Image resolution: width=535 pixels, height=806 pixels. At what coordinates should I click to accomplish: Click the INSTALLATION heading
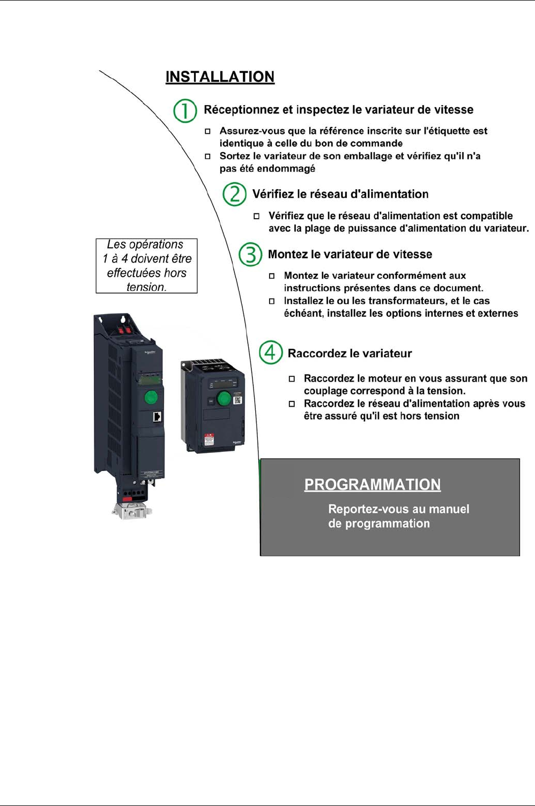tap(220, 77)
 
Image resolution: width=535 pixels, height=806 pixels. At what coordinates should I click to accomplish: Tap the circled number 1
tap(185, 111)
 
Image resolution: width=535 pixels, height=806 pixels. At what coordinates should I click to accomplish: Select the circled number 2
tap(234, 194)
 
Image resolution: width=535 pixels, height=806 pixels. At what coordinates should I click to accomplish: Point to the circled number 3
tap(250, 255)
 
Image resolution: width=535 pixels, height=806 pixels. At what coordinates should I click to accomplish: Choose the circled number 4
tap(271, 353)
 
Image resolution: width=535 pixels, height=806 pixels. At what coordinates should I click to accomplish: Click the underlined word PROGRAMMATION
tap(372, 484)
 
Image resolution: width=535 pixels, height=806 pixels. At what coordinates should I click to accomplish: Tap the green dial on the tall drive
tap(151, 397)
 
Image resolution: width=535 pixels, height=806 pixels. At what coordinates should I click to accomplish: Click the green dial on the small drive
tap(224, 398)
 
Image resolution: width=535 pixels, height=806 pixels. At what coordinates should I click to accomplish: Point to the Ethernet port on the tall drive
tap(158, 417)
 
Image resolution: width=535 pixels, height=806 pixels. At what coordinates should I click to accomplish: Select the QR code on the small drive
tap(238, 400)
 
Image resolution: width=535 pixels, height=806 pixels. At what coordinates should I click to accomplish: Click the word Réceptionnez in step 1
tap(241, 110)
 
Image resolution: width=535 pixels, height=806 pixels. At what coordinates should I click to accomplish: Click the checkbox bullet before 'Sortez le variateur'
tap(207, 156)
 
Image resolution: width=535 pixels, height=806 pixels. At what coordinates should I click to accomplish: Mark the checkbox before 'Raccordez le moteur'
tap(292, 379)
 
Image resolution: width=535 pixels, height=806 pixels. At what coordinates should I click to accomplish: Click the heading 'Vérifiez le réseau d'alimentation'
tap(340, 194)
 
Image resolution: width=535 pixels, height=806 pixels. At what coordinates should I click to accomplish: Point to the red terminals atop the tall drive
tap(124, 330)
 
